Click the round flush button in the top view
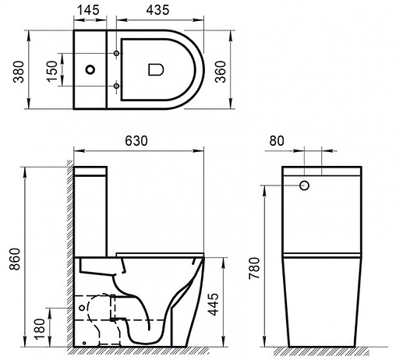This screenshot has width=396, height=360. point(93,69)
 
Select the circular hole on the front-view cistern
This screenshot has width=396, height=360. point(305,185)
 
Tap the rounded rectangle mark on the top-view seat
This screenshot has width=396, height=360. point(154,69)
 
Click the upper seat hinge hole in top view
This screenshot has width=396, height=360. point(117,54)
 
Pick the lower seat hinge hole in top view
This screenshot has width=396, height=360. point(117,85)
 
